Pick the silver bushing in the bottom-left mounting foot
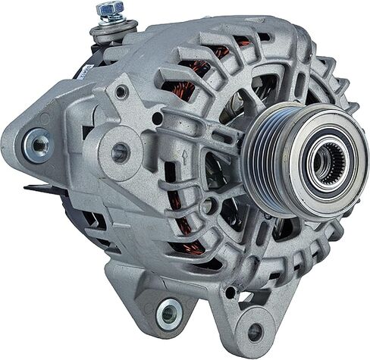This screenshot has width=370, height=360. tap(169, 312)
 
